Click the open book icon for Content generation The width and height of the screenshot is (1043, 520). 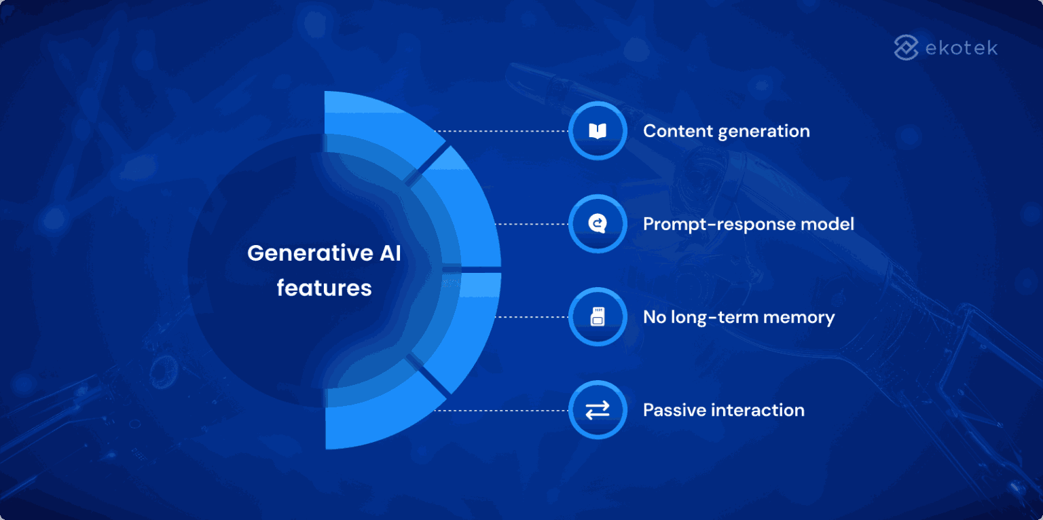(x=597, y=131)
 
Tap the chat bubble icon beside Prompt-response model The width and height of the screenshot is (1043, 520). (x=597, y=224)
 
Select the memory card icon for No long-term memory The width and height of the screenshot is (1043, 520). (x=597, y=317)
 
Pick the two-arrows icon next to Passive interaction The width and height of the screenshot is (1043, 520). (x=597, y=410)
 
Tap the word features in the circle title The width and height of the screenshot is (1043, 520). (x=324, y=288)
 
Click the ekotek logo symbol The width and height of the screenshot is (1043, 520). (x=906, y=48)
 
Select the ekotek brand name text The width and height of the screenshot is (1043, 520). (x=961, y=48)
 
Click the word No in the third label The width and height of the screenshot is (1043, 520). (x=655, y=317)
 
